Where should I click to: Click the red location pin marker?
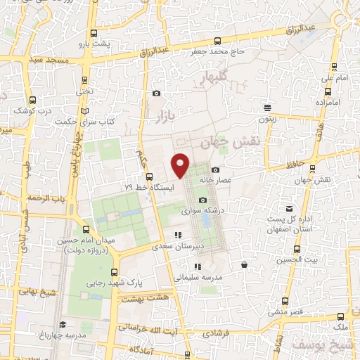point(181,165)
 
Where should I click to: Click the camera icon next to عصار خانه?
point(215,169)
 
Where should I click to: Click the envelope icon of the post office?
point(289,208)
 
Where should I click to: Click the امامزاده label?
point(335,102)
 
